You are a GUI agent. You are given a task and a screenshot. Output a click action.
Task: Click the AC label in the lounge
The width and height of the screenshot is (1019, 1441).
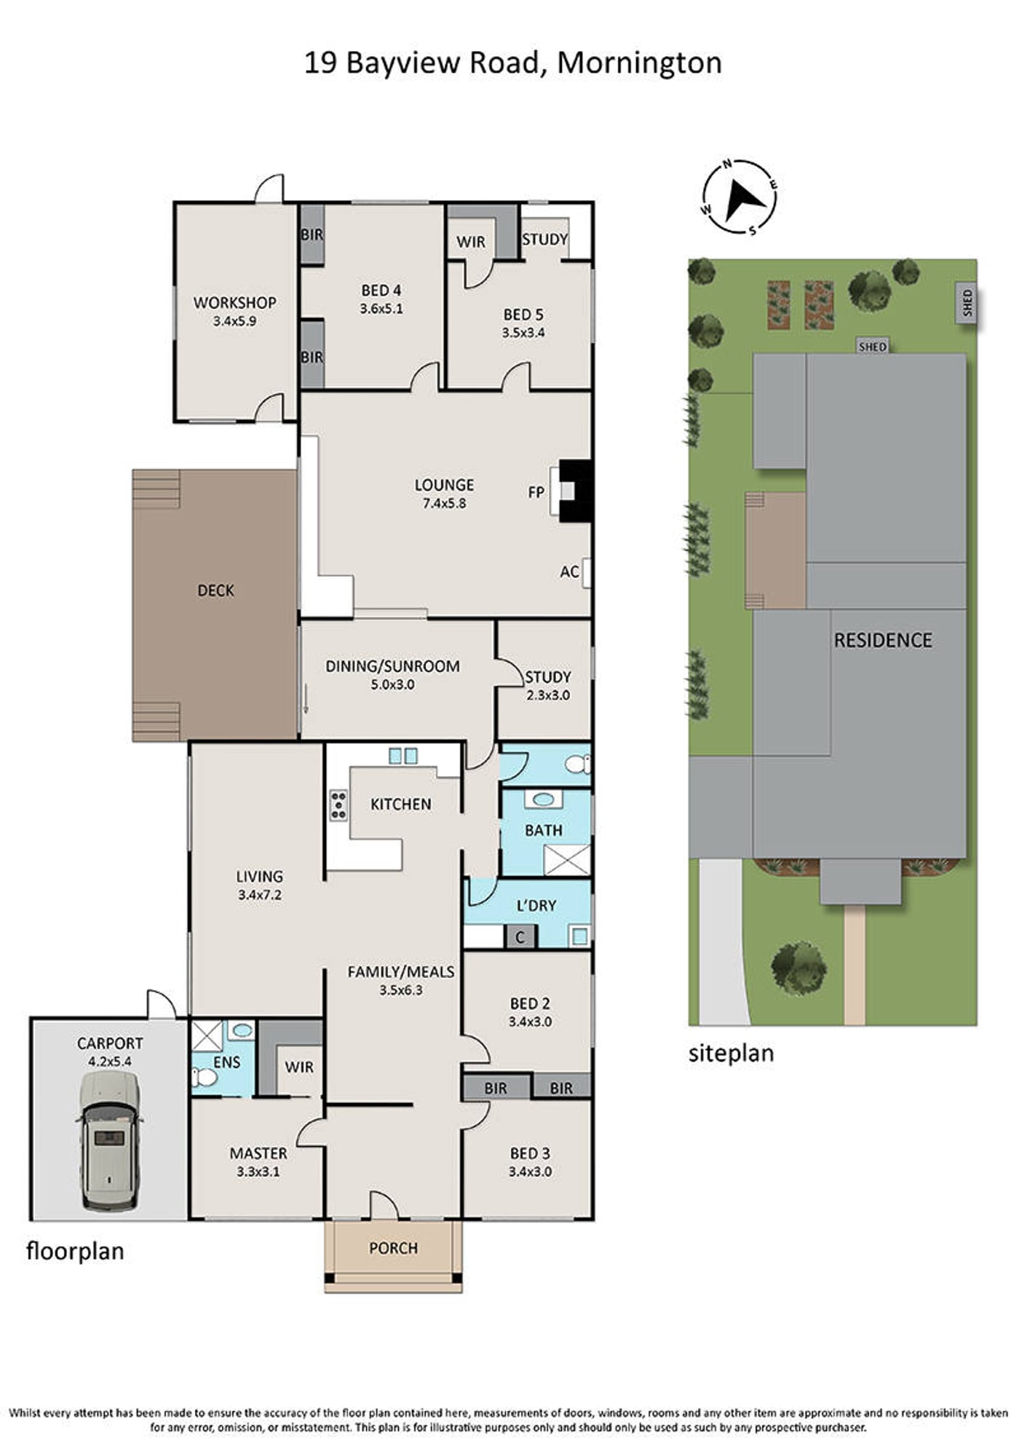pos(569,572)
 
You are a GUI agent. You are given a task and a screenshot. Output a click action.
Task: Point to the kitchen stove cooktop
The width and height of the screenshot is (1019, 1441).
pos(338,805)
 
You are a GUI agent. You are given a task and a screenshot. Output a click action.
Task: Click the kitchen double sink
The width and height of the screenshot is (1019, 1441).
pos(403,756)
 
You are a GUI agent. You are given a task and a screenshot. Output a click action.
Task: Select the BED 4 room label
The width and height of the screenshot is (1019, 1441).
pos(381,291)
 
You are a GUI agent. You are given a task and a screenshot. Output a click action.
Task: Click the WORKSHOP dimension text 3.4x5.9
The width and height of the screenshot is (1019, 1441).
pos(234,320)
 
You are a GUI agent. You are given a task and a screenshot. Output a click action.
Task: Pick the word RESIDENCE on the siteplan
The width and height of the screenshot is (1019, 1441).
pos(883,641)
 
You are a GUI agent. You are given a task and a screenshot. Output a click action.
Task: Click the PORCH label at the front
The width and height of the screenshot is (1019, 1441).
pos(393,1248)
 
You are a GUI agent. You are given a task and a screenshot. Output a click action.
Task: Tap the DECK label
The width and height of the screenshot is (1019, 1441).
pos(215,591)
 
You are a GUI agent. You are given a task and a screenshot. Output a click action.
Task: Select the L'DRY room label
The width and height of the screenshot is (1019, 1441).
pos(536,906)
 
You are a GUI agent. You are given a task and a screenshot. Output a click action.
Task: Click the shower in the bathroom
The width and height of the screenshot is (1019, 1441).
pos(567,860)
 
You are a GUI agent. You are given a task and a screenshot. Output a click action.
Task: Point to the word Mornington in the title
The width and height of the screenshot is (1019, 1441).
pos(639,64)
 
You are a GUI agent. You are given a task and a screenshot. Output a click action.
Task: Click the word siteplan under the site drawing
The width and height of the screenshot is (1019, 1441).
pos(731,1054)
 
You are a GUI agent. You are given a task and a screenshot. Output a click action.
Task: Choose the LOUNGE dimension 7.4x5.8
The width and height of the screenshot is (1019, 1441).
pos(444,503)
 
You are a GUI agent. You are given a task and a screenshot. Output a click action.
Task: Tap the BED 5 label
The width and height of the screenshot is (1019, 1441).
pos(523,315)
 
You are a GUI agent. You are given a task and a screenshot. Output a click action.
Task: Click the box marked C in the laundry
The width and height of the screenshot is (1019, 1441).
pos(520,936)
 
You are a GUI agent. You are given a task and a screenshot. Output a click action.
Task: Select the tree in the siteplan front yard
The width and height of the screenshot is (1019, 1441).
pos(799,968)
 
